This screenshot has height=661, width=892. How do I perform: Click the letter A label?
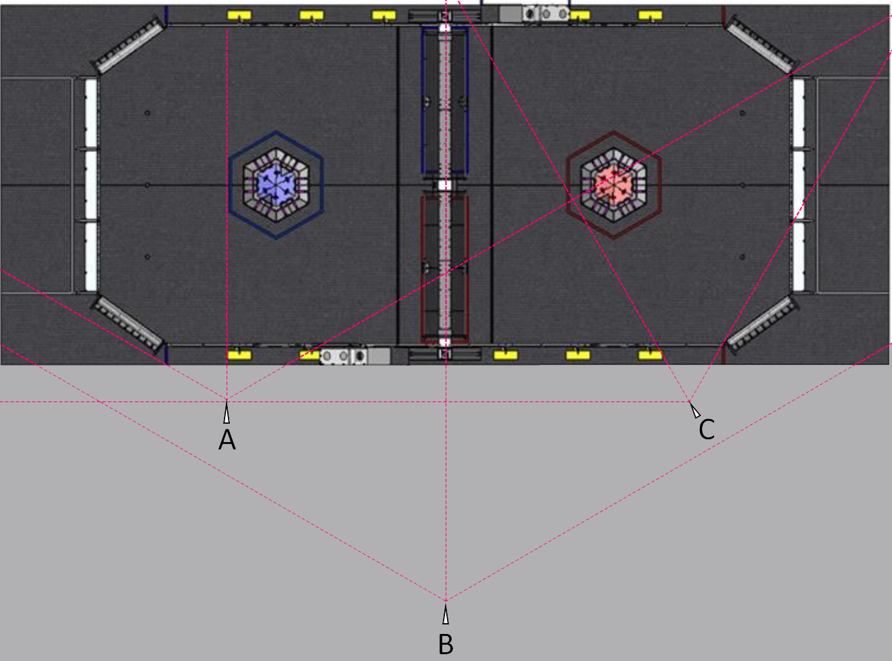coord(227,440)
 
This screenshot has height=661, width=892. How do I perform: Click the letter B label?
coord(446,644)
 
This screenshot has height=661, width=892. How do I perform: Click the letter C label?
coord(707,429)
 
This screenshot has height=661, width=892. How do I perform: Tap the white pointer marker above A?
coord(227,412)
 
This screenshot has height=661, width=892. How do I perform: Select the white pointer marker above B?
coord(446,614)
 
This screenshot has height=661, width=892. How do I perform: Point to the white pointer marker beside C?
coord(695,410)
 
